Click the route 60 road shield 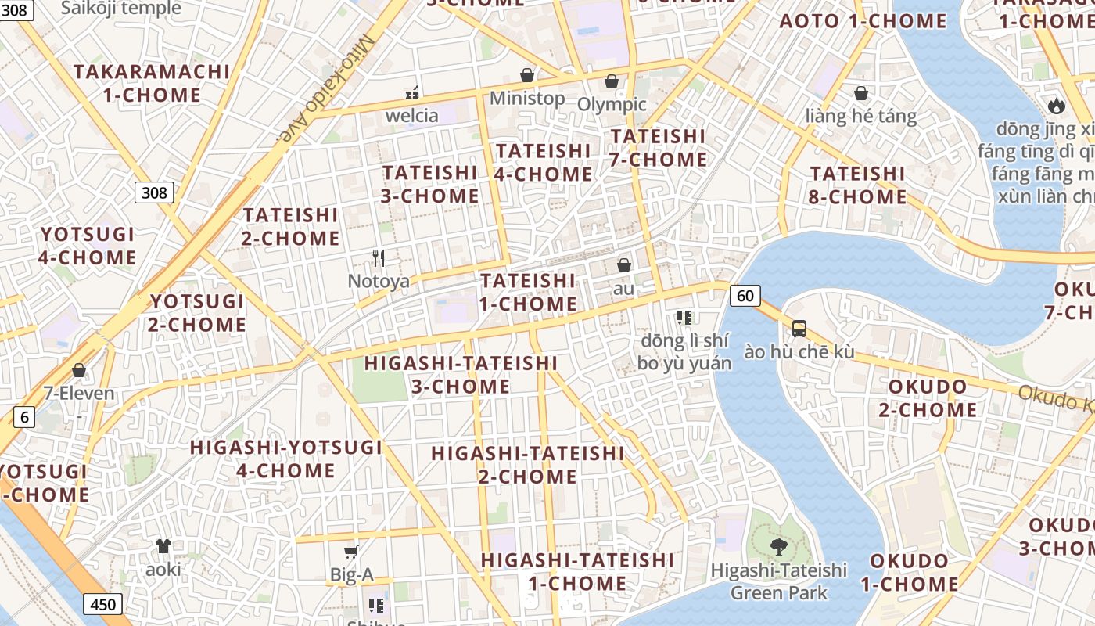pyautogui.click(x=745, y=295)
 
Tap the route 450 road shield pyautogui.click(x=102, y=604)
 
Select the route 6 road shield pyautogui.click(x=24, y=417)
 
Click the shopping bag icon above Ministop pyautogui.click(x=527, y=75)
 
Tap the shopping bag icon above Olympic pyautogui.click(x=612, y=81)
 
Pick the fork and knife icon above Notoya pyautogui.click(x=379, y=257)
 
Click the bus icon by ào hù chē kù pyautogui.click(x=799, y=329)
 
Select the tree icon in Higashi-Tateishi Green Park pyautogui.click(x=778, y=546)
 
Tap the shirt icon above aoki pyautogui.click(x=163, y=545)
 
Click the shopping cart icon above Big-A pyautogui.click(x=351, y=552)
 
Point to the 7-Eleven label pyautogui.click(x=78, y=393)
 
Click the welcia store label pyautogui.click(x=412, y=116)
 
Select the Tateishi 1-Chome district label pyautogui.click(x=528, y=292)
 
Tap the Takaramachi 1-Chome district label pyautogui.click(x=152, y=83)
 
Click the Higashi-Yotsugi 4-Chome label pyautogui.click(x=286, y=459)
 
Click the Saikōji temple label pyautogui.click(x=120, y=9)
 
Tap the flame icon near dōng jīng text pyautogui.click(x=1055, y=105)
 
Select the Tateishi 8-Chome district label pyautogui.click(x=857, y=185)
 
